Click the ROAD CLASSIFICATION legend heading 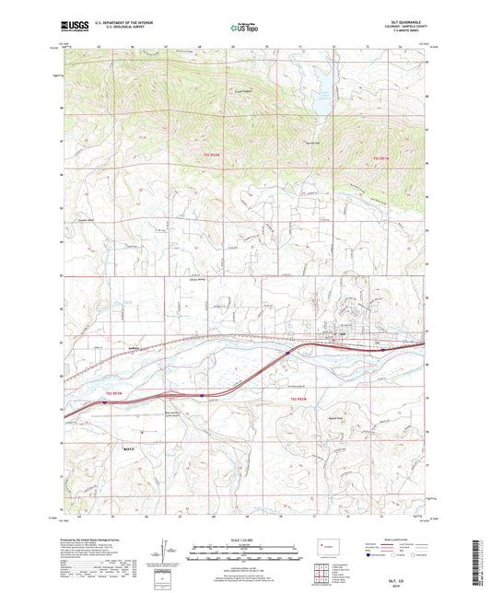(x=390, y=539)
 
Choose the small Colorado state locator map (x=324, y=549)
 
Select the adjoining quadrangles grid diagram (x=323, y=574)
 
